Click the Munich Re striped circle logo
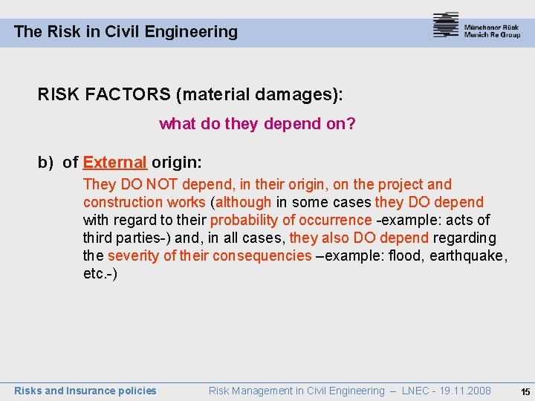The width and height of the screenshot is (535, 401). point(446,25)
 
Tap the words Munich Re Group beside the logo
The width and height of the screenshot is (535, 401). point(492,35)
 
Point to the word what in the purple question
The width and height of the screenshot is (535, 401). point(177,124)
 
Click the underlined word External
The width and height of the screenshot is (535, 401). point(115,162)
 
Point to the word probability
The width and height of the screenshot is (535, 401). point(244,220)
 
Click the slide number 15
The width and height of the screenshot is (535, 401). point(525,391)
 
